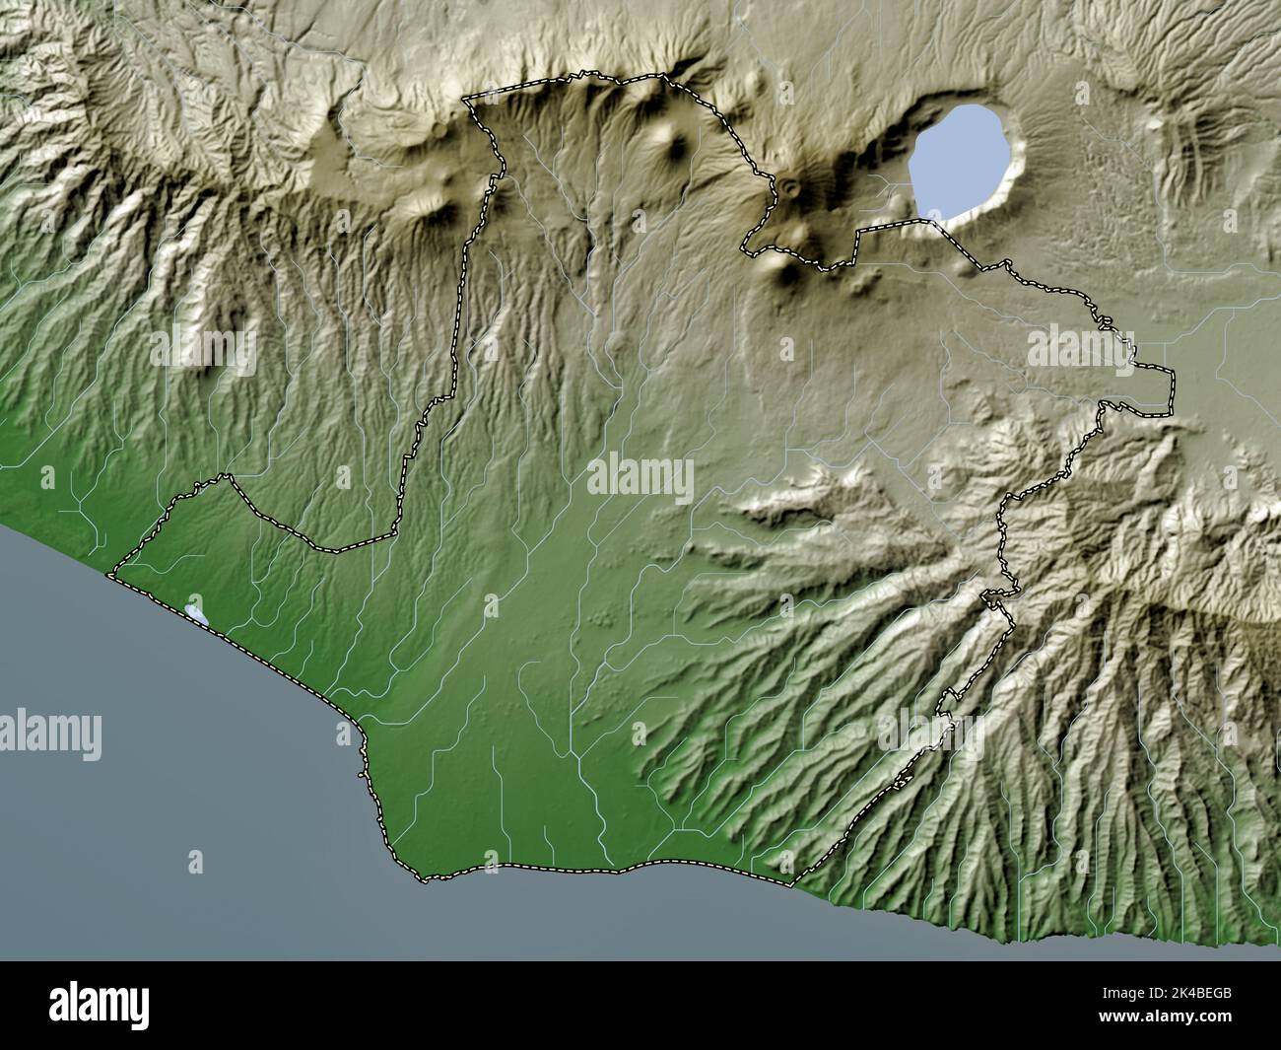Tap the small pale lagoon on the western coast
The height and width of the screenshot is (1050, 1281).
196,614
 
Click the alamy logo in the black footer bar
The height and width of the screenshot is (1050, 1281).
99,1006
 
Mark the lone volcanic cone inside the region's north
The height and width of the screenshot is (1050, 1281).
677,148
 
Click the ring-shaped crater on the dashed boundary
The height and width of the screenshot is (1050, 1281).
789,185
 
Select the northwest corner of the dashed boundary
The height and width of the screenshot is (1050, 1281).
466,99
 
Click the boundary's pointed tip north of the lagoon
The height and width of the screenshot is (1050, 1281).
231,477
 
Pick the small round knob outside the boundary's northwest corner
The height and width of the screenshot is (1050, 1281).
438,129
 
